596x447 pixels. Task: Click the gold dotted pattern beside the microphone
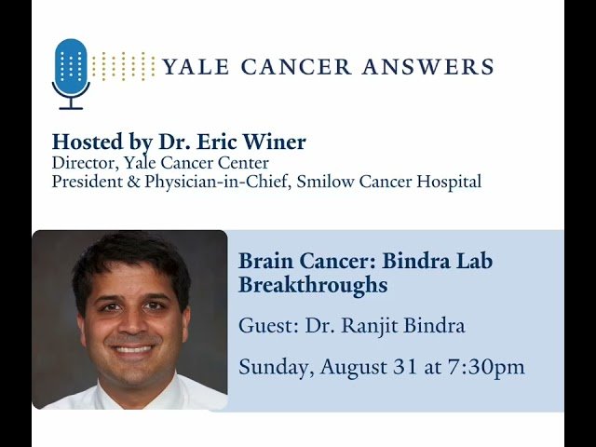pos(124,66)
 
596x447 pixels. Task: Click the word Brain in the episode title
pos(264,261)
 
